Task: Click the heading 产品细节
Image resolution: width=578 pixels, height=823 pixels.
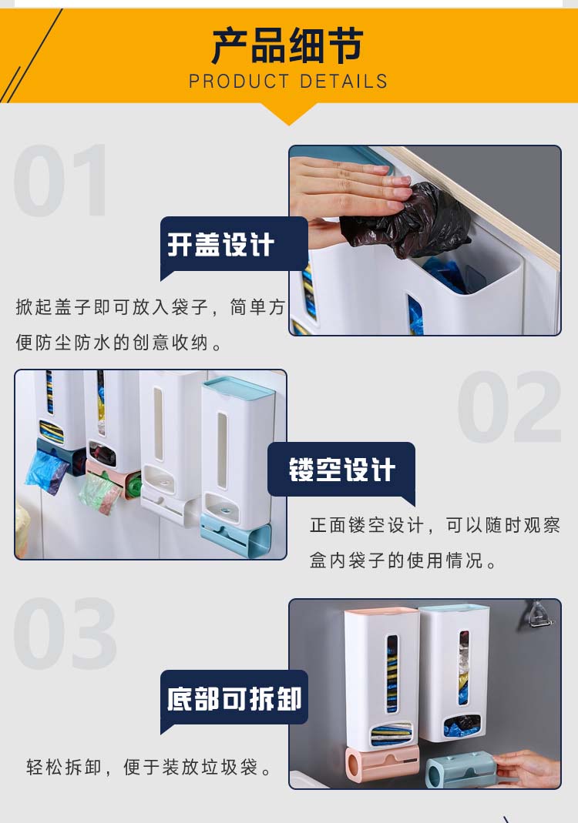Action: click(x=288, y=45)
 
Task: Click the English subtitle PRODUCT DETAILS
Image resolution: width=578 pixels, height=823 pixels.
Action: click(x=288, y=82)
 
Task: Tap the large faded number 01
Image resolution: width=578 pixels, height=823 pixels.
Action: click(x=61, y=180)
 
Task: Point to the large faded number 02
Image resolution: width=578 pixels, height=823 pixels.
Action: click(x=509, y=406)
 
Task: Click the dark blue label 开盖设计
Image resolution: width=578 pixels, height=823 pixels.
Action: click(x=220, y=245)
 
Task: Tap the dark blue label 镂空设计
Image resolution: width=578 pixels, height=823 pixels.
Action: click(x=341, y=469)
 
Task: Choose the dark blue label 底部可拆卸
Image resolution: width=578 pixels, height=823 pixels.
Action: click(x=234, y=699)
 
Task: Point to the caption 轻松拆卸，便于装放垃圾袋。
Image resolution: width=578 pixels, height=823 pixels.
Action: click(x=150, y=768)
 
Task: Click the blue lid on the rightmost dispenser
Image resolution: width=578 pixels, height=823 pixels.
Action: click(x=239, y=387)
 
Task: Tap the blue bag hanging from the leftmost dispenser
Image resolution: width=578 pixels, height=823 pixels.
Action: click(x=45, y=471)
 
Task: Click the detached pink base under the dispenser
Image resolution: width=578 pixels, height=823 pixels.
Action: click(x=381, y=763)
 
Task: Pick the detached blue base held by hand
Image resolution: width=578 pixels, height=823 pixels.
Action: click(x=461, y=769)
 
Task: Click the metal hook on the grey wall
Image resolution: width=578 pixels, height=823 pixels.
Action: click(x=539, y=614)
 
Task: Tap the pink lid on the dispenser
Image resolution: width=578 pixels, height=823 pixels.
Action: click(x=381, y=611)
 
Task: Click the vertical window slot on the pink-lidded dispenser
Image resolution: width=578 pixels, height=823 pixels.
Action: click(x=392, y=674)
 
